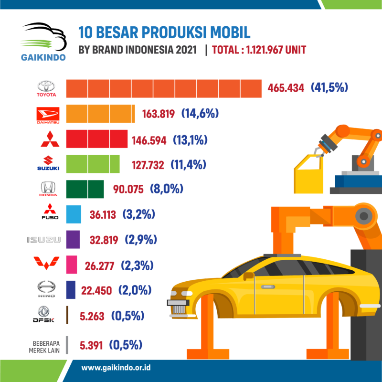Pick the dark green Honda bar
[85, 189]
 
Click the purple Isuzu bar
[73, 239]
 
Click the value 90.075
[128, 189]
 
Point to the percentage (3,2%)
[139, 214]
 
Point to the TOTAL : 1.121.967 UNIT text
[258, 50]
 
